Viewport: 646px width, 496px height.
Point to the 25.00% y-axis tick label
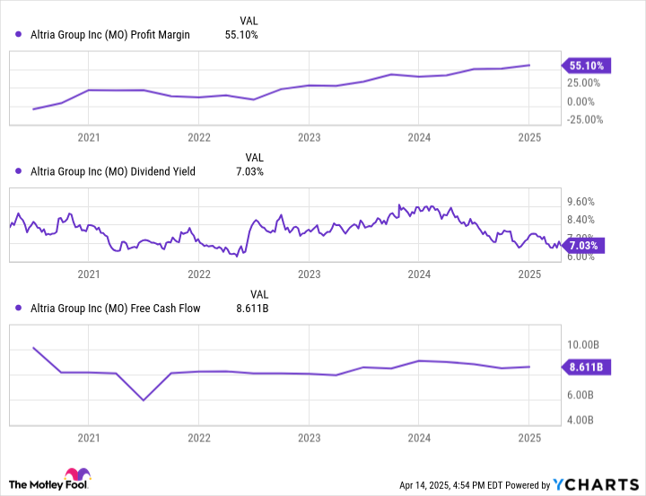[584, 83]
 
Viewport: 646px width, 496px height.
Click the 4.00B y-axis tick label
[582, 420]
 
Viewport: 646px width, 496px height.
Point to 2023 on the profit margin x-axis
[309, 137]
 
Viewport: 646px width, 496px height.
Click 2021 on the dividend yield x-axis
[89, 274]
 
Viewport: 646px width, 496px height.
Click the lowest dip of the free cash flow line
[144, 400]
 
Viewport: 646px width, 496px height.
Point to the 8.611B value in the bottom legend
[251, 309]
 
